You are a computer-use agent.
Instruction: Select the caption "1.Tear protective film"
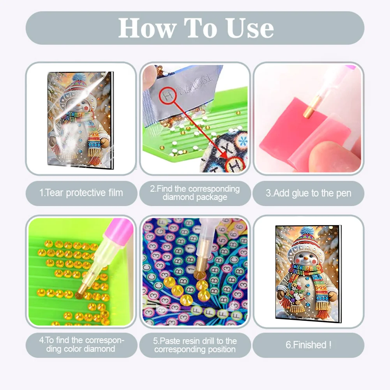click(81, 193)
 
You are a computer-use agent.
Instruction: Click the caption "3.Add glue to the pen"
click(308, 193)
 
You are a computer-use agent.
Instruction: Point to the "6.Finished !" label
click(308, 345)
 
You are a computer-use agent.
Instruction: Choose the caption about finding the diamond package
click(195, 193)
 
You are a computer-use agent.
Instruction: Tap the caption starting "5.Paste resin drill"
click(195, 345)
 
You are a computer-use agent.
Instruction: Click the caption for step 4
click(81, 345)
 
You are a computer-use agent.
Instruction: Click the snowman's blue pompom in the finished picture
click(307, 231)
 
